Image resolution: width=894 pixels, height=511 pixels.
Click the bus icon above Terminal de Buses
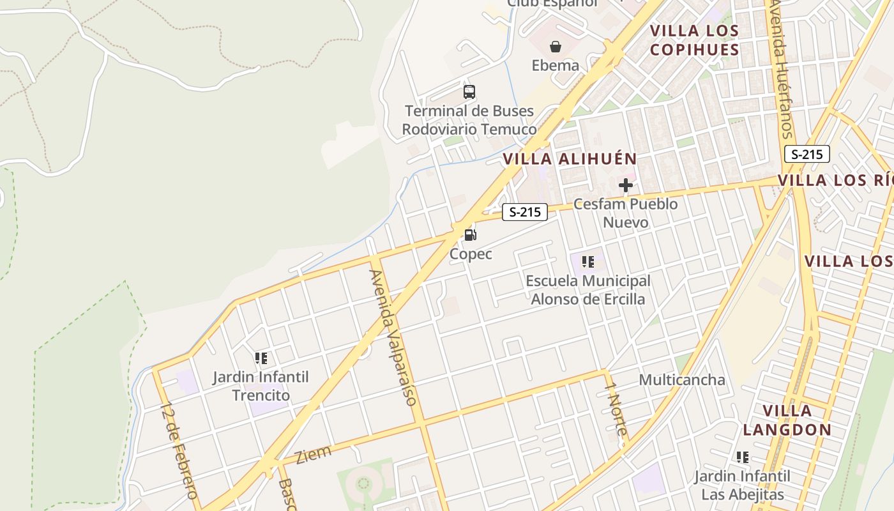pos(469,92)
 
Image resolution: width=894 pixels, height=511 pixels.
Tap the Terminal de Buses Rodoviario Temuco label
pos(469,120)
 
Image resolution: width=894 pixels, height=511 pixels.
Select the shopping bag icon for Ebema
pos(556,47)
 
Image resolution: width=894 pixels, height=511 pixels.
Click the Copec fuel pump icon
pos(470,234)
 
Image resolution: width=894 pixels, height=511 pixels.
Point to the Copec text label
pos(471,254)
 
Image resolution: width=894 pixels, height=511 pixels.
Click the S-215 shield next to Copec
pos(525,212)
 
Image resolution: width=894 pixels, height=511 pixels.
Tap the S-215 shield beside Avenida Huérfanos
pos(807,154)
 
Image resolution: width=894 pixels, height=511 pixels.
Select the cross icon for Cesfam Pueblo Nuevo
pos(626,186)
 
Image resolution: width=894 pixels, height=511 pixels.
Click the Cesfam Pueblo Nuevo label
pos(626,213)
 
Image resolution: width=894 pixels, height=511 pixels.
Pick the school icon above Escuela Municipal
pos(588,261)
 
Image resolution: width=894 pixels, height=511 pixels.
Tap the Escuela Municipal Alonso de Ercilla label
pos(588,290)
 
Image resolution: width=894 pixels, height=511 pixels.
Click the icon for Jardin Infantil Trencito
pos(261,358)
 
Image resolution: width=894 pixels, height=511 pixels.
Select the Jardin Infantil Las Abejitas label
pos(742,485)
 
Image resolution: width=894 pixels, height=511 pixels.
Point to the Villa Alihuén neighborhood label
pos(570,159)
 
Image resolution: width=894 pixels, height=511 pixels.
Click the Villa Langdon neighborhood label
pos(787,420)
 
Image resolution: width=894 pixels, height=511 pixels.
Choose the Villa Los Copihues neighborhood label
pos(694,40)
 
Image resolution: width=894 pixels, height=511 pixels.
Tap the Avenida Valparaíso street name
pos(393,337)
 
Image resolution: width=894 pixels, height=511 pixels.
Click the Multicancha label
pos(682,380)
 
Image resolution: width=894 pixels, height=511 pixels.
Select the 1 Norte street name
pos(616,413)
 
